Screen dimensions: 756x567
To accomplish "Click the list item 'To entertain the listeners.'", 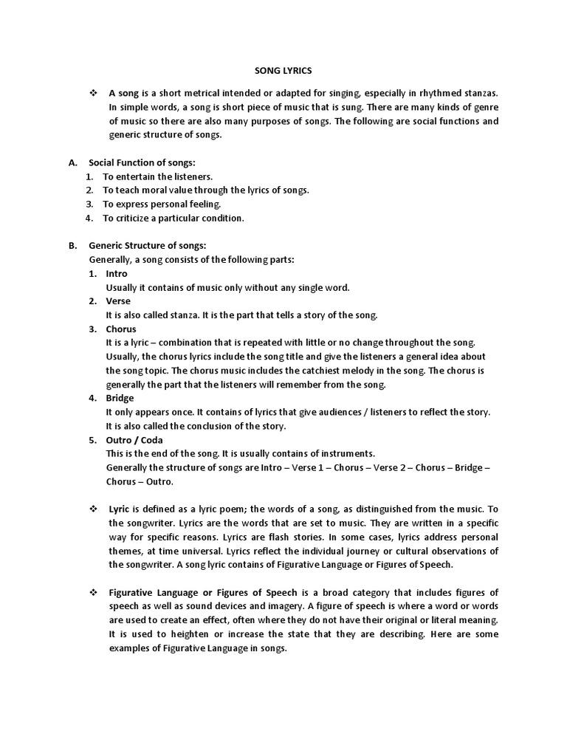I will pyautogui.click(x=157, y=176).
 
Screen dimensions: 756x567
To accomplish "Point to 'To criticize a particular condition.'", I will pyautogui.click(x=173, y=218).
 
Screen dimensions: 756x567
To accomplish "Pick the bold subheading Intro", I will pyautogui.click(x=117, y=273).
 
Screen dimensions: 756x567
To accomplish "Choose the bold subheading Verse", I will pyautogui.click(x=118, y=301).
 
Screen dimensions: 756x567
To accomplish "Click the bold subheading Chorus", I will pyautogui.click(x=121, y=329).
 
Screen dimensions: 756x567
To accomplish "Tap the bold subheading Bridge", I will pyautogui.click(x=120, y=398).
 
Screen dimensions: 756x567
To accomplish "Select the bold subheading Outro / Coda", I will pyautogui.click(x=134, y=439).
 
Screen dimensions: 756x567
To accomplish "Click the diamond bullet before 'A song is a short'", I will pyautogui.click(x=93, y=94).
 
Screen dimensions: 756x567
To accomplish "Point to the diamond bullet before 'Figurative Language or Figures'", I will pyautogui.click(x=93, y=593).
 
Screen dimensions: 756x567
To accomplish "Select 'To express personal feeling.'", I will pyautogui.click(x=162, y=204).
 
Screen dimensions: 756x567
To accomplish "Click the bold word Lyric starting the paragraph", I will pyautogui.click(x=119, y=510).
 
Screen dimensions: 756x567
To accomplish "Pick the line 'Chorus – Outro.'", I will pyautogui.click(x=140, y=481).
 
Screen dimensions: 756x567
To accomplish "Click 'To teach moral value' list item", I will pyautogui.click(x=205, y=190).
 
